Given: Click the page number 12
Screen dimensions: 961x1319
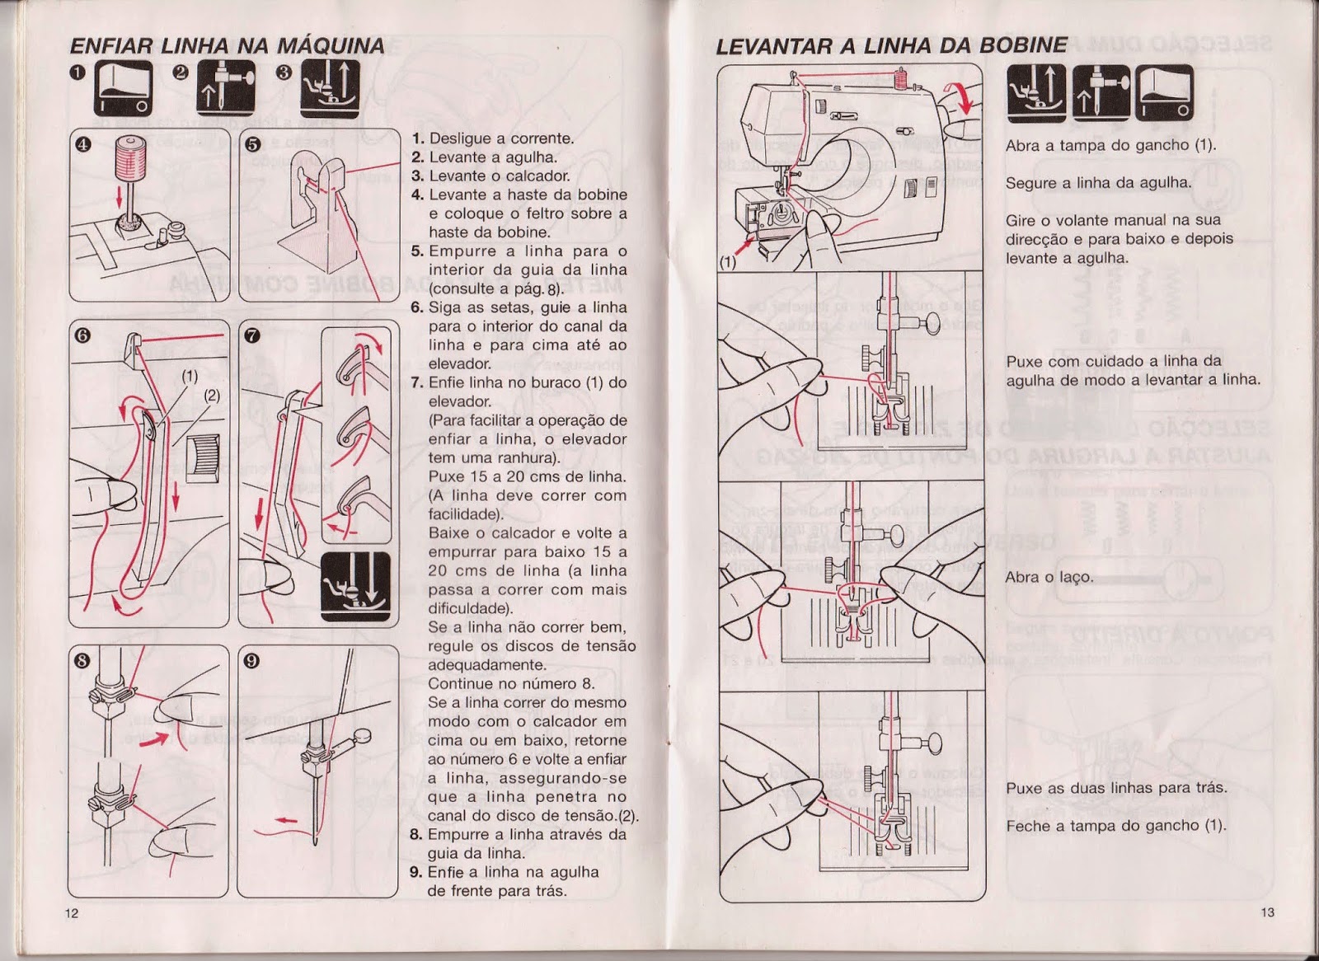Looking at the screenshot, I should coord(72,912).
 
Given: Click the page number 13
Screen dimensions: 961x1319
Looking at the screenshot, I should coord(1267,912).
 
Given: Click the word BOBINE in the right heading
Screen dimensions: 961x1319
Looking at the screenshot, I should coord(1023,45).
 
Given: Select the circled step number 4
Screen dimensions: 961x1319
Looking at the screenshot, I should coord(82,143).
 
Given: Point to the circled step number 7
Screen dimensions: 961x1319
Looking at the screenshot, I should coord(253,335).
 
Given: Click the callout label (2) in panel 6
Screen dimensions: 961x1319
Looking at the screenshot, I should coord(212,395).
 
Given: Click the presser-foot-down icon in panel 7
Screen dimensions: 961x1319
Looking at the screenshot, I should coord(355,587).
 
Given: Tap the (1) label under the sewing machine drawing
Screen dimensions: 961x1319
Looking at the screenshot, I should coord(727,265).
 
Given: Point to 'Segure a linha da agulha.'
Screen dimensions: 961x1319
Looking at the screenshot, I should coord(1097,183).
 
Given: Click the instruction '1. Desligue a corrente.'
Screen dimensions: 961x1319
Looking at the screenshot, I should coord(493,138).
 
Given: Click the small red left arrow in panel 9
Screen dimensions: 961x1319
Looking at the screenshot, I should coord(285,821).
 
